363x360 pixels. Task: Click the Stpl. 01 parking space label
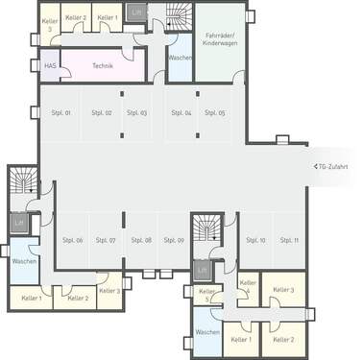click(x=60, y=112)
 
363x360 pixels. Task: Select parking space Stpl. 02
click(x=101, y=112)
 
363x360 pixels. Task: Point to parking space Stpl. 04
click(x=181, y=112)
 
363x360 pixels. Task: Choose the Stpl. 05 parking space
click(x=215, y=112)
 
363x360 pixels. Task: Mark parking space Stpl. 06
click(x=73, y=239)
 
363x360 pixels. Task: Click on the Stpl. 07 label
click(x=106, y=239)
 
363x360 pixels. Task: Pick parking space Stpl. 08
click(x=141, y=239)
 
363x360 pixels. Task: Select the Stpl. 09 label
click(x=174, y=239)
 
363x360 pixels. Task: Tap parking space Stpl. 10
click(x=255, y=239)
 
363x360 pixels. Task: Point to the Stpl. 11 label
click(x=289, y=239)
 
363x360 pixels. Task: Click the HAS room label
click(x=50, y=65)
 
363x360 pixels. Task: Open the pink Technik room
click(x=103, y=65)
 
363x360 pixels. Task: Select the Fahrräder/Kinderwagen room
click(x=220, y=40)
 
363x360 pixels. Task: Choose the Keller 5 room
click(x=205, y=295)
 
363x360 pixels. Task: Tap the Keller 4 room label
click(x=248, y=287)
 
